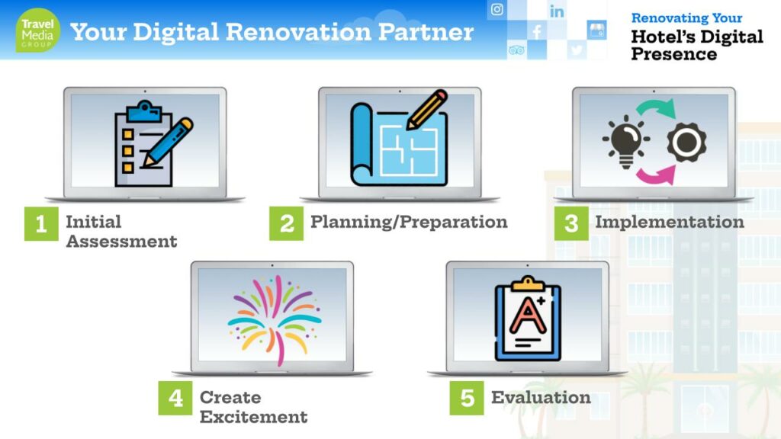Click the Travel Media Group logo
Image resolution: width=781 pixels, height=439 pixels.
pyautogui.click(x=38, y=30)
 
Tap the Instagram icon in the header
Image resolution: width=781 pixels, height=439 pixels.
pyautogui.click(x=497, y=9)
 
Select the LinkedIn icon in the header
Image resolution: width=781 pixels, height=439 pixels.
pyautogui.click(x=557, y=11)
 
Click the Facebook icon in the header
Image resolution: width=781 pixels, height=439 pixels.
pyautogui.click(x=537, y=32)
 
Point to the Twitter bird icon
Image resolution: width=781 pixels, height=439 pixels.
pyautogui.click(x=577, y=50)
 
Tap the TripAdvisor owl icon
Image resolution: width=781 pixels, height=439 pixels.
pyautogui.click(x=516, y=50)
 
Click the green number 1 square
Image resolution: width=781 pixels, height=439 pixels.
pyautogui.click(x=41, y=223)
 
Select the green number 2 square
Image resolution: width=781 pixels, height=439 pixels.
pyautogui.click(x=287, y=223)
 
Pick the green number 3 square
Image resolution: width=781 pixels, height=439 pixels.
pyautogui.click(x=571, y=223)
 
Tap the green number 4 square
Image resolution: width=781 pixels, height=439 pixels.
pyautogui.click(x=175, y=398)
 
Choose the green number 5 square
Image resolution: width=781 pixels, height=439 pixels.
pyautogui.click(x=467, y=398)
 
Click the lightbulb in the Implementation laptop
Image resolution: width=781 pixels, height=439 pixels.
pyautogui.click(x=626, y=142)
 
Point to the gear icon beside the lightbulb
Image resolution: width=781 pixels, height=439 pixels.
pyautogui.click(x=686, y=143)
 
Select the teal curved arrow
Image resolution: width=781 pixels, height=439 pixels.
pyautogui.click(x=655, y=105)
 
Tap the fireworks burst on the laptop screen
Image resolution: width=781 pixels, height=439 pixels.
pyautogui.click(x=275, y=319)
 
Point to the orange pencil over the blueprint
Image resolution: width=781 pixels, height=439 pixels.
pyautogui.click(x=426, y=110)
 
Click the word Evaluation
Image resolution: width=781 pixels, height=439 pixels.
pyautogui.click(x=541, y=397)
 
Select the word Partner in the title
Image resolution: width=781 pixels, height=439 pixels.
pyautogui.click(x=426, y=32)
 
